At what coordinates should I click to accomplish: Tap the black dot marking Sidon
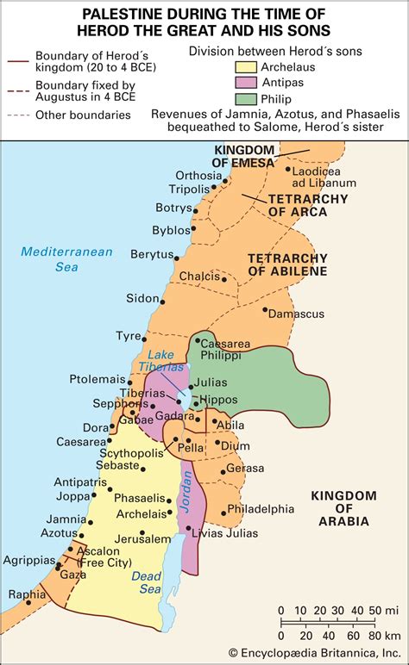pos(161,299)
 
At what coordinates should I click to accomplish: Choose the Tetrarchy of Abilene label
pos(287,264)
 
